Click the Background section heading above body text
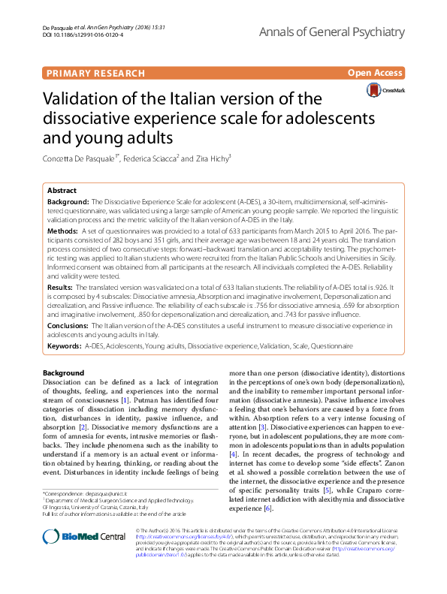pyautogui.click(x=63, y=373)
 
